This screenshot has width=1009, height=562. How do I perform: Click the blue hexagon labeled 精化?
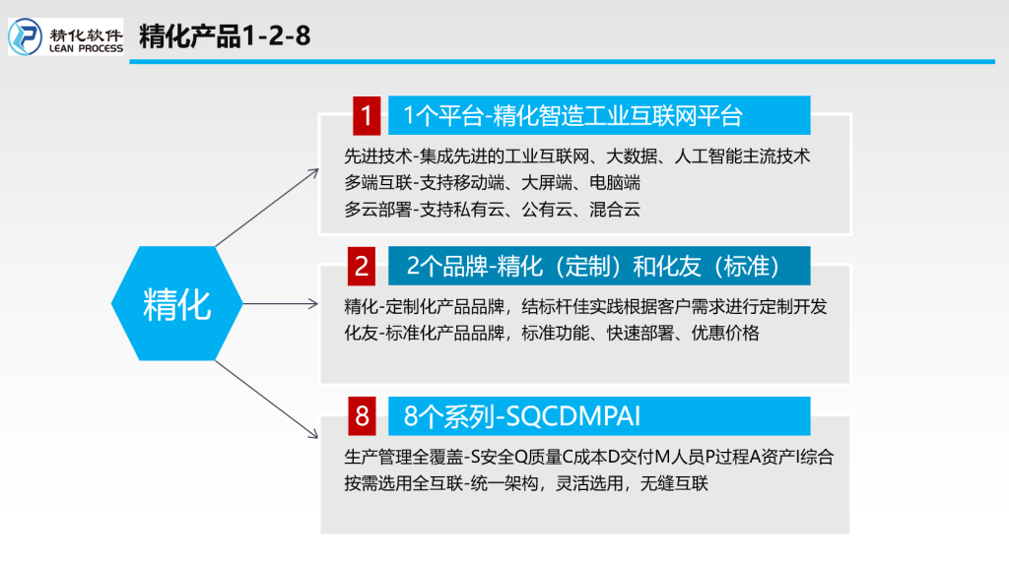click(177, 303)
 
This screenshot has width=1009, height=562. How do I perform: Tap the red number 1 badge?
click(367, 116)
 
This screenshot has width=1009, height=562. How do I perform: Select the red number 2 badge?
click(362, 266)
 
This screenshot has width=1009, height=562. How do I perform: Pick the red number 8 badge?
click(362, 416)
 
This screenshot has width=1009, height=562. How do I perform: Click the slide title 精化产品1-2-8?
click(225, 36)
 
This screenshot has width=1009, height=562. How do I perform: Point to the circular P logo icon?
click(25, 36)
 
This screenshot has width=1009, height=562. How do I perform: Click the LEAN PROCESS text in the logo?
click(86, 48)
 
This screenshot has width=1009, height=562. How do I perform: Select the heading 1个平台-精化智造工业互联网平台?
click(572, 116)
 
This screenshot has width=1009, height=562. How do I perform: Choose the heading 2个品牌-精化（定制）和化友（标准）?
click(593, 266)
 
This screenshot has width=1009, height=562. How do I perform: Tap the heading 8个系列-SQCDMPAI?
click(522, 416)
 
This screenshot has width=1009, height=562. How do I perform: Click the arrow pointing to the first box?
click(267, 208)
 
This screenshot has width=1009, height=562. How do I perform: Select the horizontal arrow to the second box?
click(281, 303)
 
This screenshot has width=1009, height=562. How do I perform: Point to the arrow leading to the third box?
click(266, 400)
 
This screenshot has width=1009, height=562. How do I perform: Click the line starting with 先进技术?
click(576, 156)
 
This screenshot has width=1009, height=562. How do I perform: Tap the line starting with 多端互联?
click(493, 183)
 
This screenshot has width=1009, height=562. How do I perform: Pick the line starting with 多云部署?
click(493, 210)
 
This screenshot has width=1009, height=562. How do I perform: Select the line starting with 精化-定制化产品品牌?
click(585, 307)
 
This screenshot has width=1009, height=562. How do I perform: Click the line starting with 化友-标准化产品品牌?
click(552, 333)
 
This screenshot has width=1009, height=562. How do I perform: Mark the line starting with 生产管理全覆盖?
click(589, 458)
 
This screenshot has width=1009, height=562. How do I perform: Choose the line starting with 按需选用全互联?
click(526, 483)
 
